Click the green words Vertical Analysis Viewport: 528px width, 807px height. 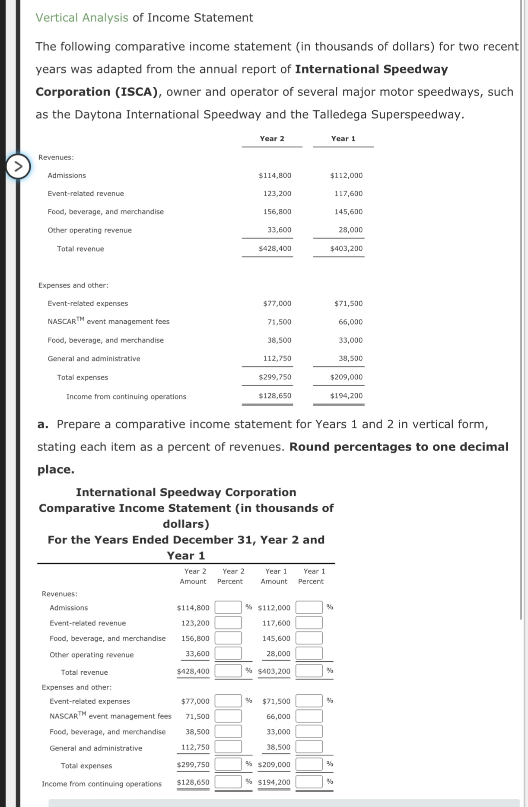click(x=82, y=18)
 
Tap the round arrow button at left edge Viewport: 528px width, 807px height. click(x=18, y=166)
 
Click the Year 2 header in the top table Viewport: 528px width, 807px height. click(x=272, y=139)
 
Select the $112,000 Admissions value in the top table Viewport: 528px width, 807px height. click(x=346, y=175)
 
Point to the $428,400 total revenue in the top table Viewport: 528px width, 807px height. click(x=275, y=249)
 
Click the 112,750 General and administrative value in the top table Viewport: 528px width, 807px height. click(x=277, y=358)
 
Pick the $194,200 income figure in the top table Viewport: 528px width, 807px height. click(x=346, y=396)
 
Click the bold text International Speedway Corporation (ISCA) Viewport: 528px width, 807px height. click(x=242, y=80)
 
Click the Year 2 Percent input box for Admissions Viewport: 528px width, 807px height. click(x=228, y=607)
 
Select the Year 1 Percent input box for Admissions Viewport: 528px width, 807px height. click(x=309, y=607)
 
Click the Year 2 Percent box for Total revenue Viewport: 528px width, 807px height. click(x=228, y=671)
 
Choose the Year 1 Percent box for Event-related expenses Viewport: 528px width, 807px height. click(x=309, y=701)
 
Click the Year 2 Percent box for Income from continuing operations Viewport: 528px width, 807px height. click(x=228, y=781)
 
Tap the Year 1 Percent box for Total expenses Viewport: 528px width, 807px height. click(x=309, y=764)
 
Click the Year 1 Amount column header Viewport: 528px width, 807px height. click(x=274, y=577)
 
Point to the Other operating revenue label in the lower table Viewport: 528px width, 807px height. click(x=92, y=655)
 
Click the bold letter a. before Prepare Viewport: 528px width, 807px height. click(x=43, y=424)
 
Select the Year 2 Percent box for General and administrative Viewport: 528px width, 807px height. click(x=228, y=746)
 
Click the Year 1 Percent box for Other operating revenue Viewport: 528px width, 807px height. click(x=309, y=653)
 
